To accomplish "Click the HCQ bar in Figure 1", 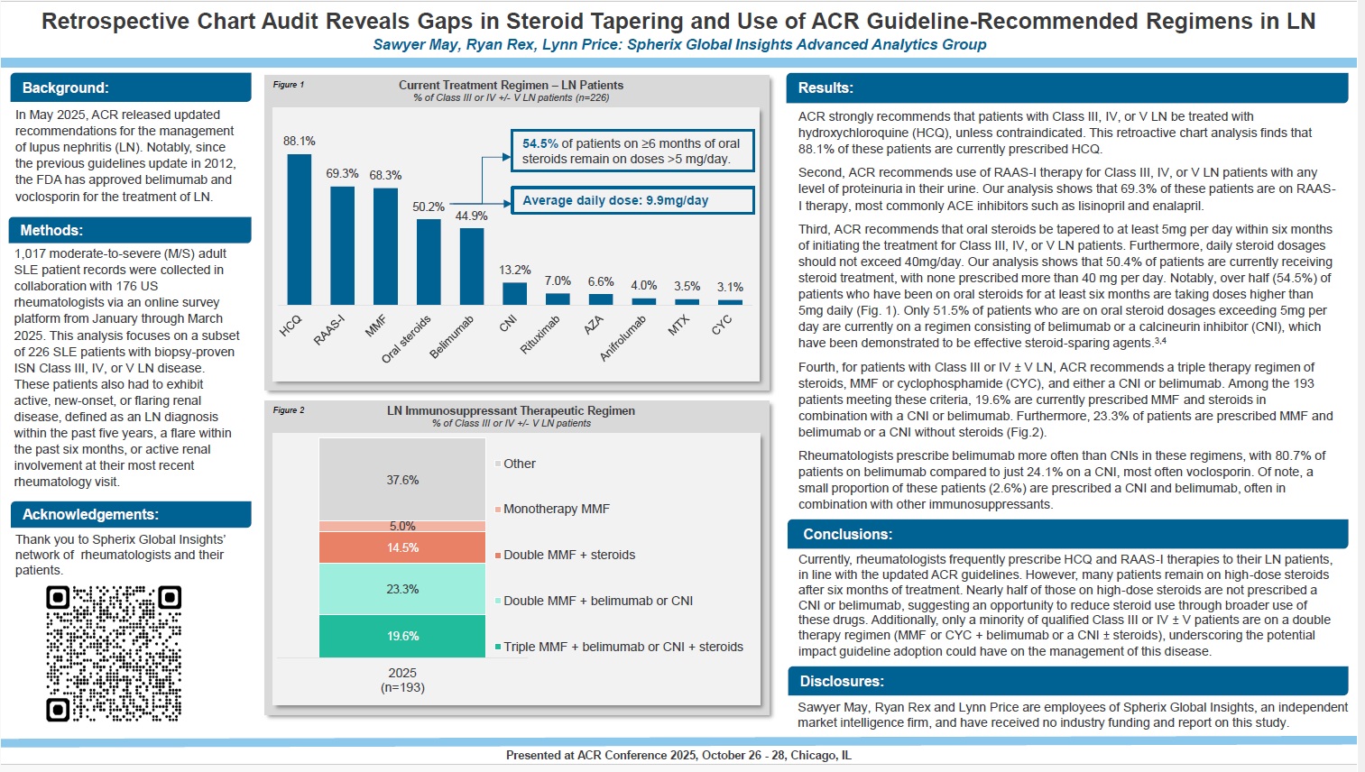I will (x=299, y=229).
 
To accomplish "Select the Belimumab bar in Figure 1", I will (x=472, y=266).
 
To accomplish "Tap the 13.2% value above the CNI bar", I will (x=515, y=270).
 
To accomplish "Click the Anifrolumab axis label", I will (x=623, y=338).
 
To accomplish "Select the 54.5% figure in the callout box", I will (x=540, y=143).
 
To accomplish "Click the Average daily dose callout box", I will (x=632, y=200).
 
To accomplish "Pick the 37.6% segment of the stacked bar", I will (x=402, y=480).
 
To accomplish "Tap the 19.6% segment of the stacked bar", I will (x=402, y=636).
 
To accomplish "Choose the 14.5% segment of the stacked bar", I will (x=402, y=547).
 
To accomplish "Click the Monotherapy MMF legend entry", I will (x=556, y=509).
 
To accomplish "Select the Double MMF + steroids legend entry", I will (x=568, y=555).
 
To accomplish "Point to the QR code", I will (x=114, y=654).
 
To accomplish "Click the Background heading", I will (x=66, y=87).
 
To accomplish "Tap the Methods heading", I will (x=52, y=231).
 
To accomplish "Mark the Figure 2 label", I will (x=289, y=410).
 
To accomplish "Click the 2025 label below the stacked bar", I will (x=402, y=673).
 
